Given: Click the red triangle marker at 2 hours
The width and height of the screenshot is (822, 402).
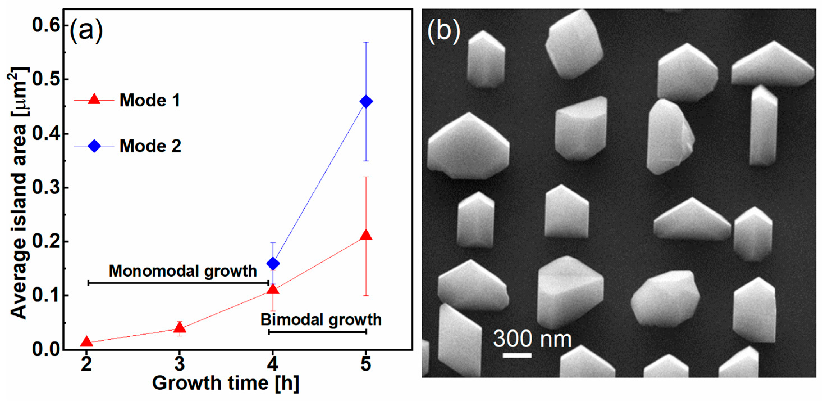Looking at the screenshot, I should (86, 342).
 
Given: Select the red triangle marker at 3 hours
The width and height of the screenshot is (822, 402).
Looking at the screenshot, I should (180, 328).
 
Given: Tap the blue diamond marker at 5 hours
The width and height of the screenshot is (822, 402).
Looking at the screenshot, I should (366, 101).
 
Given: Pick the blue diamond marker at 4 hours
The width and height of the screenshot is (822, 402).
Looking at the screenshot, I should (273, 264).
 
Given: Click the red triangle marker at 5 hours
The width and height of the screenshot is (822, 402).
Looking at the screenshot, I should (366, 236).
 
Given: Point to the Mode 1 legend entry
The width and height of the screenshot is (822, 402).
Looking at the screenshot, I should (128, 100).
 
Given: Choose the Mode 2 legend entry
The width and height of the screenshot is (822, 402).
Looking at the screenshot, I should (128, 146).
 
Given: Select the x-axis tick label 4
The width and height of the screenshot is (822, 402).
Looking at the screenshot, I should (273, 364).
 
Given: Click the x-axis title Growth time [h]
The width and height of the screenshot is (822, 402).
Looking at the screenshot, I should (225, 383).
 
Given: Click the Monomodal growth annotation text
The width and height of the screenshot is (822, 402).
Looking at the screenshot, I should (183, 271).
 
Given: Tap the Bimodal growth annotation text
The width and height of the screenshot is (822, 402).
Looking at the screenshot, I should (321, 320).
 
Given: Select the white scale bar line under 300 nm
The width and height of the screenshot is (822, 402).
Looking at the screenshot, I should (517, 355).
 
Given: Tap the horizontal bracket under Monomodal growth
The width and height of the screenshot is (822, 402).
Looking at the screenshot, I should (179, 283).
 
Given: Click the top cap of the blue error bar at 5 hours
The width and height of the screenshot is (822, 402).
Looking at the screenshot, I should (366, 42).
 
